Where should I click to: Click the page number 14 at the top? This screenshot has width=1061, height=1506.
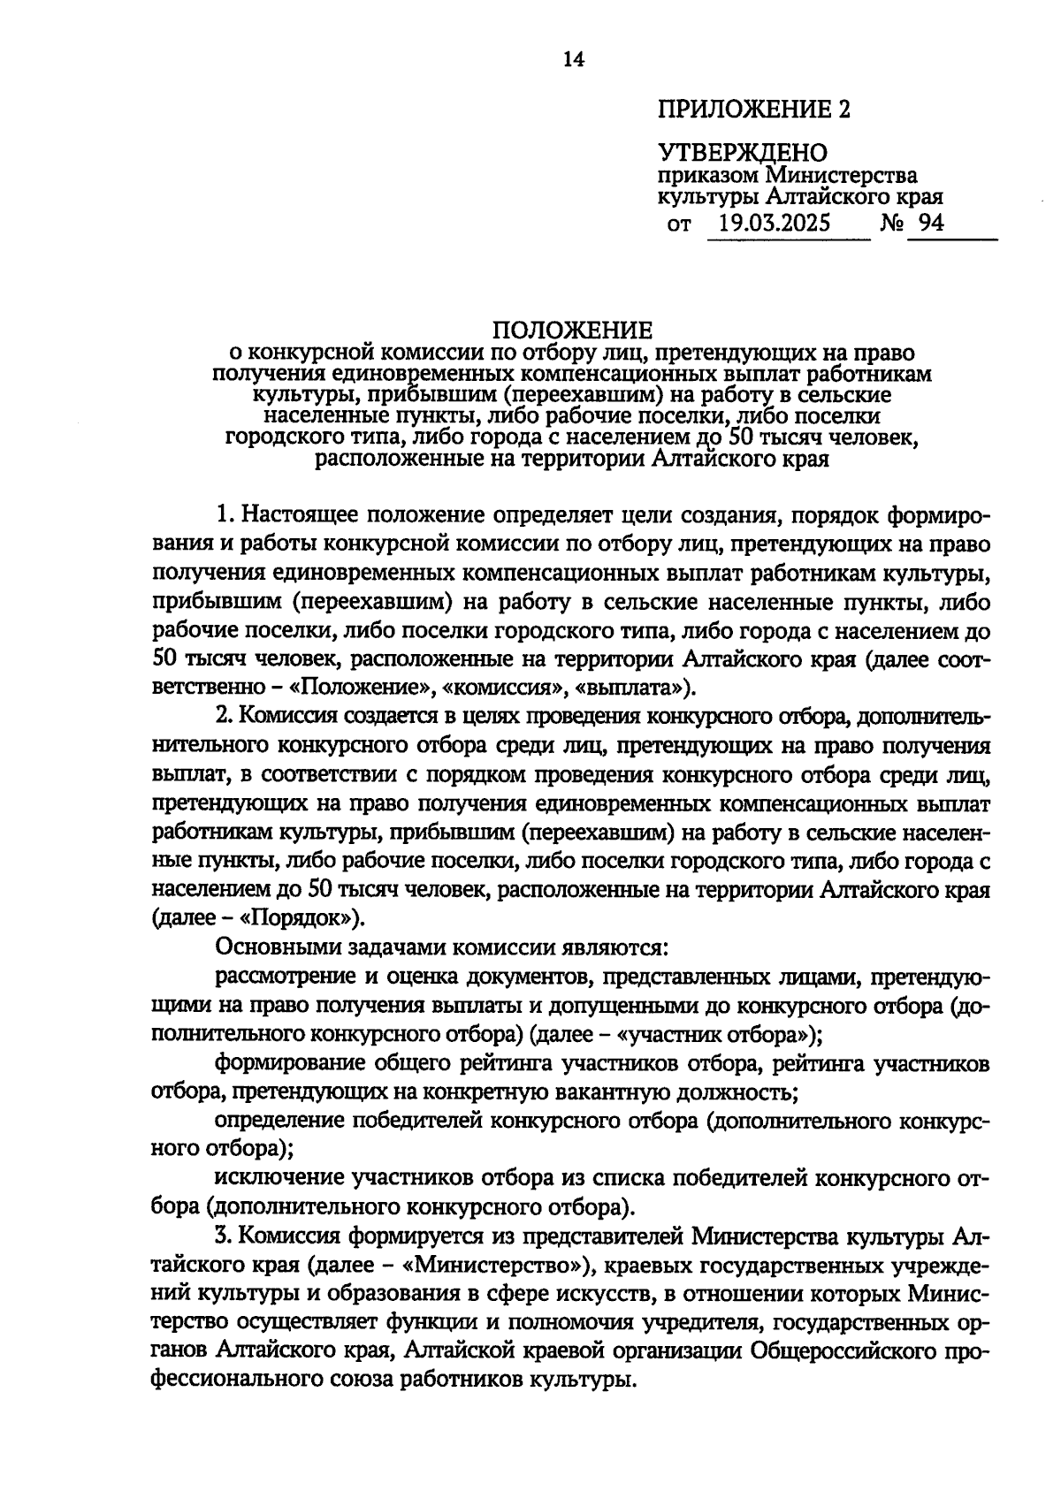(574, 59)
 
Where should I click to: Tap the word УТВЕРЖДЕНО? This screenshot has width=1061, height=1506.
(742, 153)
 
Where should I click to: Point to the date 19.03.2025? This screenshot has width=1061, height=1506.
(775, 223)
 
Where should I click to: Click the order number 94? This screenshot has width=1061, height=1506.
(931, 223)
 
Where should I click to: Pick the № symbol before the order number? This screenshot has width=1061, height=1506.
(892, 223)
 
